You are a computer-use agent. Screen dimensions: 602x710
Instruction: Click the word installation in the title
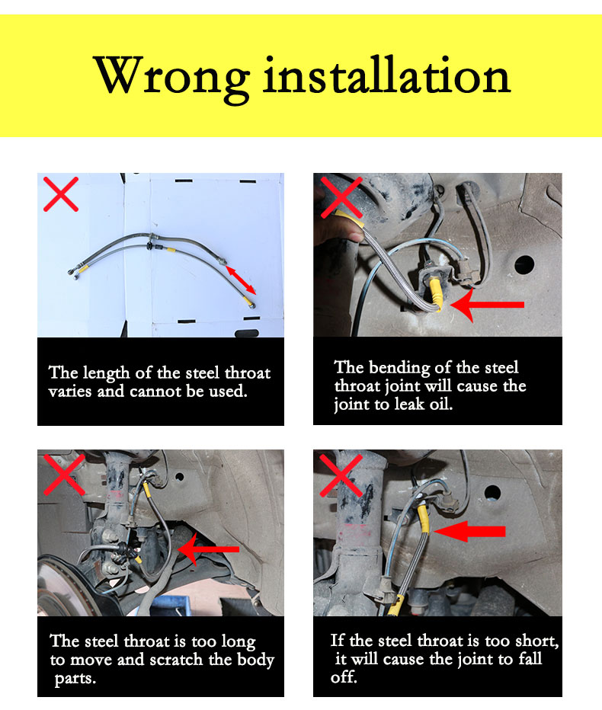[387, 74]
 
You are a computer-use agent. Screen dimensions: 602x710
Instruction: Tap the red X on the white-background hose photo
[61, 194]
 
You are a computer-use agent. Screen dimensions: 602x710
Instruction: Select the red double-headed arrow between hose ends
[241, 280]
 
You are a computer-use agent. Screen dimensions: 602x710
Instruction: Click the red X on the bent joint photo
[341, 197]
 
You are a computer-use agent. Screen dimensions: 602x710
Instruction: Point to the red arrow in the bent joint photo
[487, 305]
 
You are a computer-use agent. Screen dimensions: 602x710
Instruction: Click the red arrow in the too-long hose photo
[208, 549]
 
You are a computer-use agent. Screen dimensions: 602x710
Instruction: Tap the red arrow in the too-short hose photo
[469, 531]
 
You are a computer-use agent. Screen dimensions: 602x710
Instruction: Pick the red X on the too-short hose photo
[341, 475]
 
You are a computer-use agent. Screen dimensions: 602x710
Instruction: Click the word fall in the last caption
[530, 659]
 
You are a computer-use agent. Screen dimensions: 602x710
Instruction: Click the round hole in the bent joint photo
[524, 264]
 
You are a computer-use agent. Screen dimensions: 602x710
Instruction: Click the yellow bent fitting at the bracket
[435, 294]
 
